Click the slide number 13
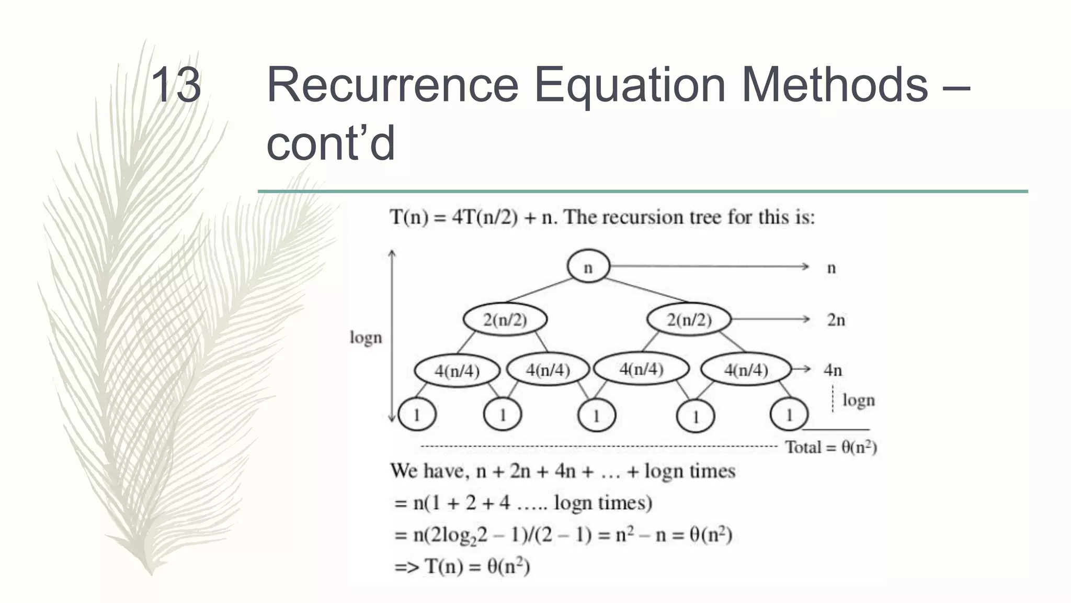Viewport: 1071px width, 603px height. [176, 85]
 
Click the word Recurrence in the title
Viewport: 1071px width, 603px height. [392, 85]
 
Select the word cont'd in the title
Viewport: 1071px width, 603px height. [331, 143]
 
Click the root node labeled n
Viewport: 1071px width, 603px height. [588, 266]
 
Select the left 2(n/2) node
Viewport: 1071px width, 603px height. [505, 319]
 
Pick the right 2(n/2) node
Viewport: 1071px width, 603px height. [689, 319]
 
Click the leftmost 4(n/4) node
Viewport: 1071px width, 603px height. [457, 371]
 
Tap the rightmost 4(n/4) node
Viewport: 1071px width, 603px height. [746, 370]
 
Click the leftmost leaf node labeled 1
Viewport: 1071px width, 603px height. [417, 415]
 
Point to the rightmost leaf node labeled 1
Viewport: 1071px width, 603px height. [789, 415]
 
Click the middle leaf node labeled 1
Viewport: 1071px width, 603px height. [597, 416]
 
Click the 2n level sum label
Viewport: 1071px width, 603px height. [836, 320]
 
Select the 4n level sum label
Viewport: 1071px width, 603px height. [833, 370]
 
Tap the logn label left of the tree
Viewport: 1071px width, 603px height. [366, 338]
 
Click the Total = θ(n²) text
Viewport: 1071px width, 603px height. [831, 448]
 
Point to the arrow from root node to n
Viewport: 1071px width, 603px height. [709, 267]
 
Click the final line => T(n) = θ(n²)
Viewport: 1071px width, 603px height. [462, 566]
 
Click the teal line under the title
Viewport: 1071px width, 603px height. [643, 192]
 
